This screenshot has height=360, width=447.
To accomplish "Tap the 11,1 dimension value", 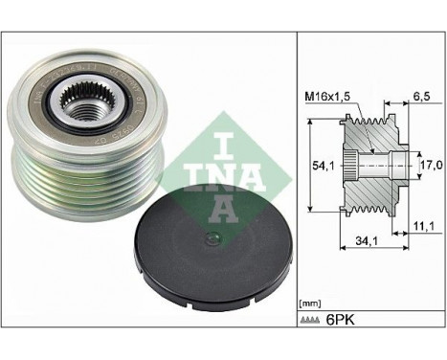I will point(425,225).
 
